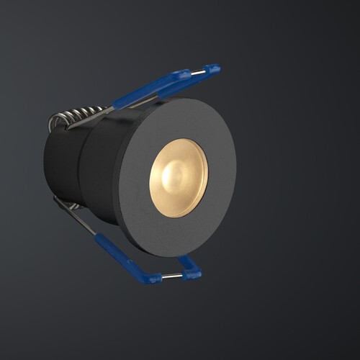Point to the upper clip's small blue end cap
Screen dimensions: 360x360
coord(212,69)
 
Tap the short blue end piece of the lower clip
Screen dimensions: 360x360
coord(192,269)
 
